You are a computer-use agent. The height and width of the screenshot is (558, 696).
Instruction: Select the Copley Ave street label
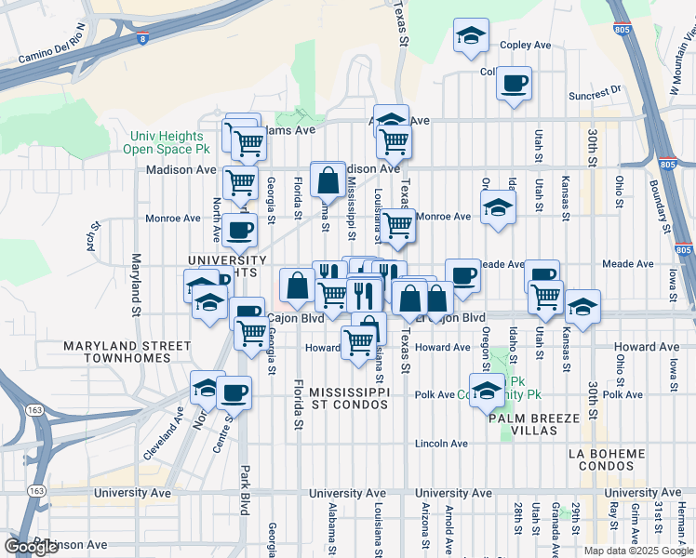coord(526,45)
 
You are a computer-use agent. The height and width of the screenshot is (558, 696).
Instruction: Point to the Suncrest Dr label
coord(596,92)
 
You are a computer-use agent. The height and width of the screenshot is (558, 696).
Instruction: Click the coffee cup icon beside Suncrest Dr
coord(514,85)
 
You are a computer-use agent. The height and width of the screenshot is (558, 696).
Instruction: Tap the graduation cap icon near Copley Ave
coord(472,37)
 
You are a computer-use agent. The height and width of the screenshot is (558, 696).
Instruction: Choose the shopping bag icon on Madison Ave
coord(328,181)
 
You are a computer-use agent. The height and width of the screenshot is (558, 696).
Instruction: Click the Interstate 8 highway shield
coord(141,39)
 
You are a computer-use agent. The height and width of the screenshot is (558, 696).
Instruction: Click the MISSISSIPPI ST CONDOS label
coord(349,398)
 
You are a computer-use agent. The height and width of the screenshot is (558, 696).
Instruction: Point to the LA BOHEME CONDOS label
coord(607,460)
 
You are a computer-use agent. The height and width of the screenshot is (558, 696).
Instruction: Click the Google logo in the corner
coord(31,546)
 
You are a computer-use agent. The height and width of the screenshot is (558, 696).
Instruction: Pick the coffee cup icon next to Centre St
coord(234,393)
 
